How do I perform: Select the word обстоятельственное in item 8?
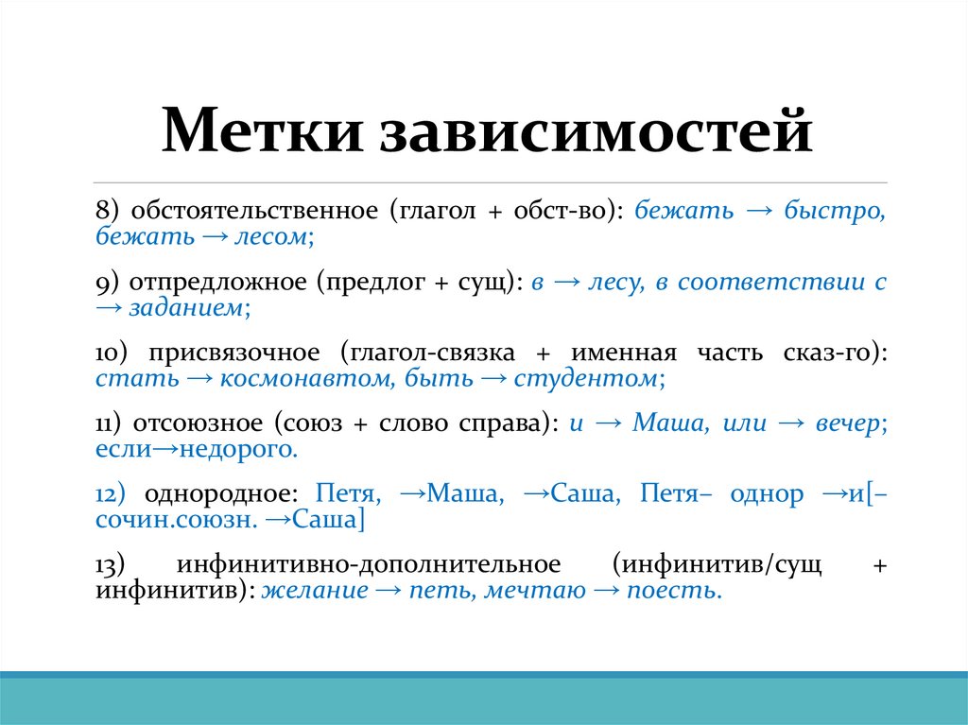pyautogui.click(x=254, y=210)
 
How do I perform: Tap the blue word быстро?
pyautogui.click(x=833, y=210)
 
